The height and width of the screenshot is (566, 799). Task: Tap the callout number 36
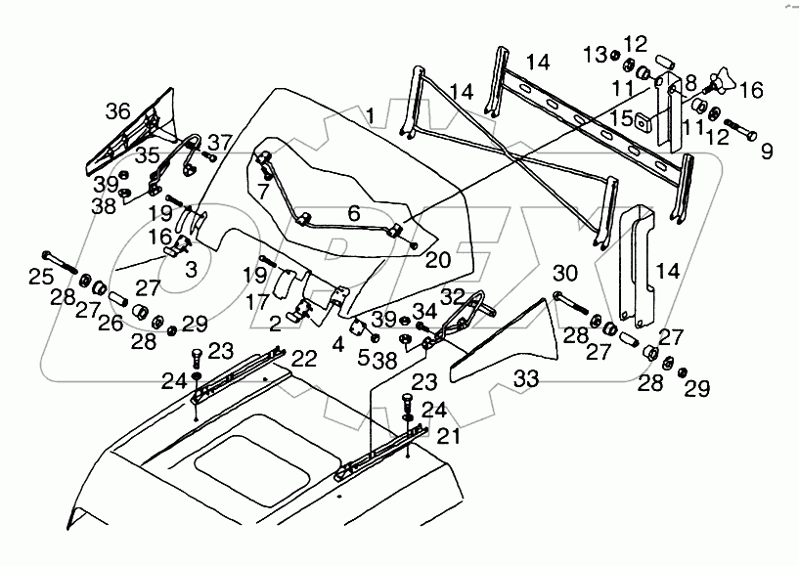117,111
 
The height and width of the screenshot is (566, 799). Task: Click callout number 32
453,295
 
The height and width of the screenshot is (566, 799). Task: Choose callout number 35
148,153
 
